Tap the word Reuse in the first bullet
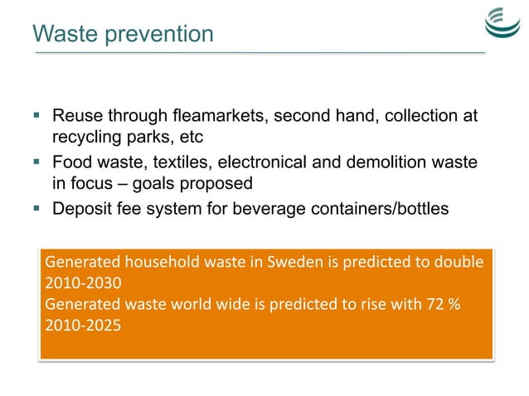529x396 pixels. pos(75,117)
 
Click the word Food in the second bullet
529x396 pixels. pos(71,162)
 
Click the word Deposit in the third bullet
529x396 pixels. pos(82,208)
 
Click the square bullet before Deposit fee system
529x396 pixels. pos(38,208)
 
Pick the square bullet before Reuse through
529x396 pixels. pos(38,117)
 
